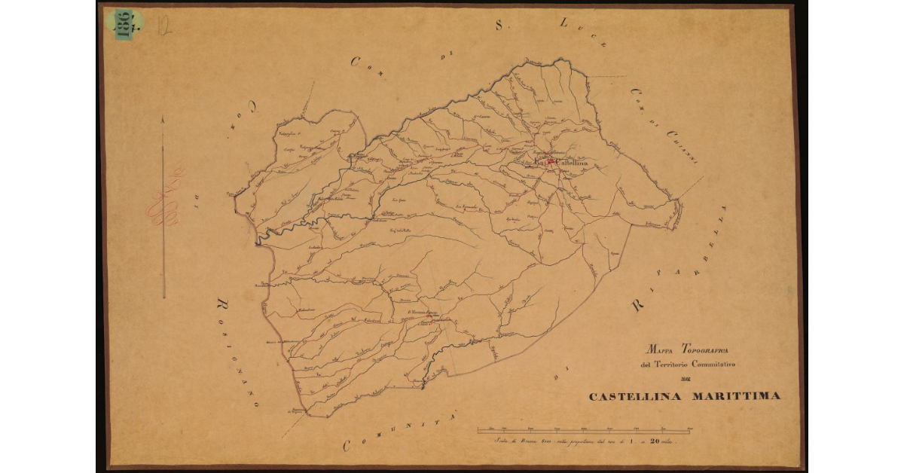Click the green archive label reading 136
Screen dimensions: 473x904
[x=124, y=24]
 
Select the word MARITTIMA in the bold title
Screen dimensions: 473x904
[x=735, y=396]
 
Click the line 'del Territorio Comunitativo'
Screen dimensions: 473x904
[x=685, y=365]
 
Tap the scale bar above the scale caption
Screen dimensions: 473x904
[x=585, y=432]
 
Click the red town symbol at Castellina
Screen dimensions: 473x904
[x=550, y=161]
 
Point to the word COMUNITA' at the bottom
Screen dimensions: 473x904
[x=392, y=436]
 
